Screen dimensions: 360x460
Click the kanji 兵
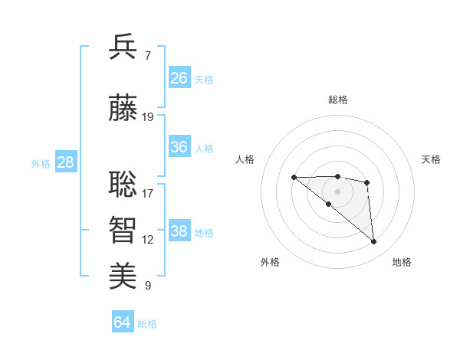pyautogui.click(x=123, y=47)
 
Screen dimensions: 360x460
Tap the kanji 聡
pyautogui.click(x=123, y=183)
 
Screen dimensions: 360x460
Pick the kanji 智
pyautogui.click(x=123, y=230)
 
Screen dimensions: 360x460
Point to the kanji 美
pyautogui.click(x=123, y=276)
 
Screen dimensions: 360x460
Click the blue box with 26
pyautogui.click(x=179, y=78)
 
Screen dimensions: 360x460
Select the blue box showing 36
pyautogui.click(x=179, y=147)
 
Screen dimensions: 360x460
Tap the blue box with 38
pyautogui.click(x=179, y=231)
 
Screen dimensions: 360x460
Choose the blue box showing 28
pyautogui.click(x=65, y=162)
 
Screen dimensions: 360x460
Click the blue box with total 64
pyautogui.click(x=123, y=322)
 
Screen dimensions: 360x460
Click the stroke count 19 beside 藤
pyautogui.click(x=148, y=117)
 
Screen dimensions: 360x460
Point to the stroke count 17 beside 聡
pyautogui.click(x=148, y=193)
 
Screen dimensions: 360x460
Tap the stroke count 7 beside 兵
pyautogui.click(x=147, y=56)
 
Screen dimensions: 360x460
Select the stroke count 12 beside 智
pyautogui.click(x=148, y=240)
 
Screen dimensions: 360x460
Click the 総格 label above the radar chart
pyautogui.click(x=338, y=100)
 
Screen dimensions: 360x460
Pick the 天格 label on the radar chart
pyautogui.click(x=431, y=159)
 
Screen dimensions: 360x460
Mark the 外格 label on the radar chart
pyautogui.click(x=270, y=262)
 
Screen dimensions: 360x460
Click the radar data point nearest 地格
pyautogui.click(x=374, y=242)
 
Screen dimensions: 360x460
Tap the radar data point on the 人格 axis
pyautogui.click(x=294, y=177)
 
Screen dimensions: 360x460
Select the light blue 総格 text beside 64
pyautogui.click(x=148, y=324)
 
